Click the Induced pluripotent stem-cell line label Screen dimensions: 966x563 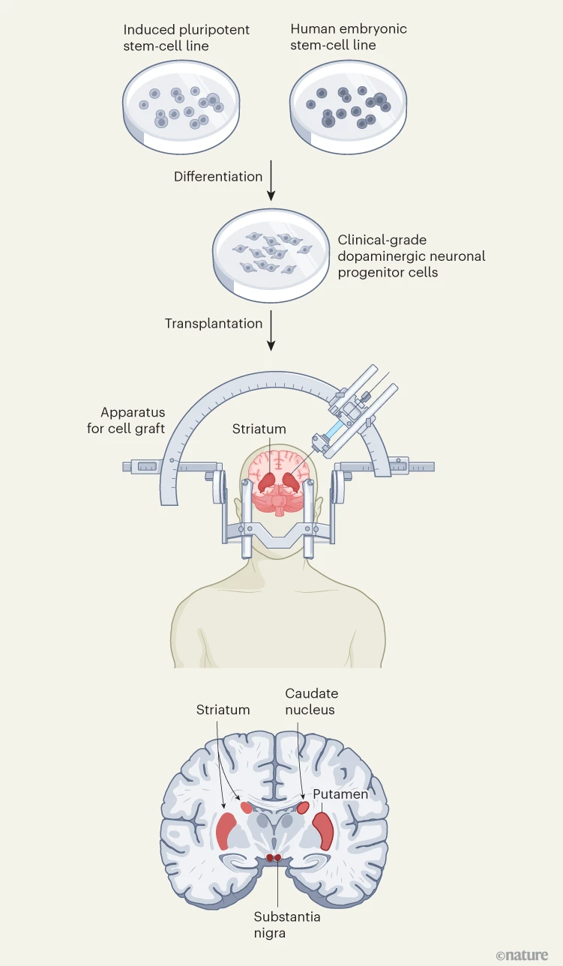(186, 37)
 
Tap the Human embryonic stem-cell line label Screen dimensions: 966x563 (348, 37)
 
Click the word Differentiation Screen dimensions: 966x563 (218, 177)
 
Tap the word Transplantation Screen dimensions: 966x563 (214, 324)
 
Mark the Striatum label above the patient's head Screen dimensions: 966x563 (259, 429)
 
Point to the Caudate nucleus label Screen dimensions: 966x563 (310, 701)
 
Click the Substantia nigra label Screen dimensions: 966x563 (277, 925)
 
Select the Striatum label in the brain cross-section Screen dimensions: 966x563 (223, 709)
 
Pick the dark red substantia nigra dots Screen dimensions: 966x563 (274, 857)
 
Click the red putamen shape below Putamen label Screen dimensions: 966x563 (323, 830)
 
